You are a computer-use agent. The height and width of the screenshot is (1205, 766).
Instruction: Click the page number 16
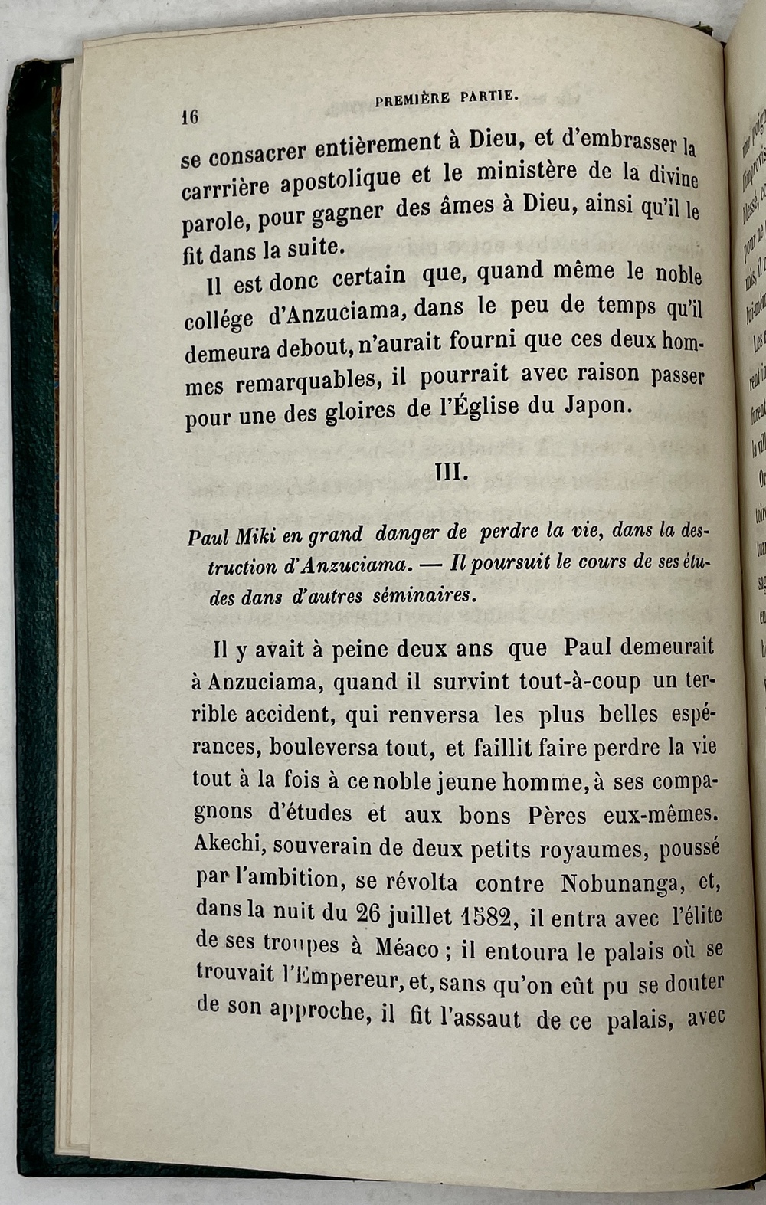click(189, 117)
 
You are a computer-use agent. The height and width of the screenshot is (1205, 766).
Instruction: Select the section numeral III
click(450, 471)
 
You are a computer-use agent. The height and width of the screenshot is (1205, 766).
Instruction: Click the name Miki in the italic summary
click(257, 536)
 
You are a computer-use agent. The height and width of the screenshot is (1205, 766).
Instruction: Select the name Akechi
click(229, 845)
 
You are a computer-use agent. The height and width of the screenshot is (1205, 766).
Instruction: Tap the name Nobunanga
click(620, 884)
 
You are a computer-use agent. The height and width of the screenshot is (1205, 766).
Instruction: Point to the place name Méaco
click(406, 948)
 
